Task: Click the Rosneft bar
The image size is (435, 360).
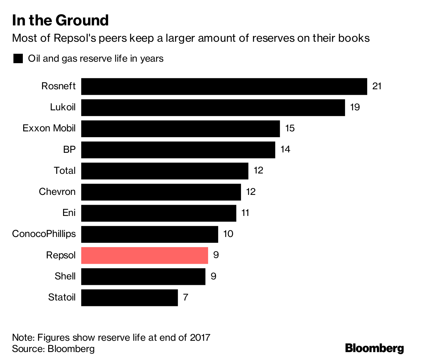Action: [224, 86]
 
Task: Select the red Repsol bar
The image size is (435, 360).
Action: [145, 255]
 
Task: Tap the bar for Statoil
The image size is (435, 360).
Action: [129, 298]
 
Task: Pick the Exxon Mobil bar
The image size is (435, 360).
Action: [181, 128]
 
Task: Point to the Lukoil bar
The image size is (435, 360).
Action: [213, 107]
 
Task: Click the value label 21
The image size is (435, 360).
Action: [377, 86]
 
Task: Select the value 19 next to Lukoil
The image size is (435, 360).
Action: [355, 107]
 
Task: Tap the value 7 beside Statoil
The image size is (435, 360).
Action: [186, 298]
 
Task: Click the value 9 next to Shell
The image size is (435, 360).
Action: [214, 277]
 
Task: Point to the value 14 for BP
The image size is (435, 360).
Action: [285, 150]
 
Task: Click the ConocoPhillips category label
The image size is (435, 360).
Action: [44, 234]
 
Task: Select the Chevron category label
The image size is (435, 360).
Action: [57, 192]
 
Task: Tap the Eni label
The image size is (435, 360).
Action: [69, 213]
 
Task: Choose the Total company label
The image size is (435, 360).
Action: [65, 171]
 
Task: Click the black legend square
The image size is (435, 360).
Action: [18, 59]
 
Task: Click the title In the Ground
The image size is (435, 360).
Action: [60, 20]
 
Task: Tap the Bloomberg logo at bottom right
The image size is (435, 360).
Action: [374, 348]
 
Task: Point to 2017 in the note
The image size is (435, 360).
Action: [200, 337]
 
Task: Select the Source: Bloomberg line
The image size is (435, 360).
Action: [53, 349]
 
